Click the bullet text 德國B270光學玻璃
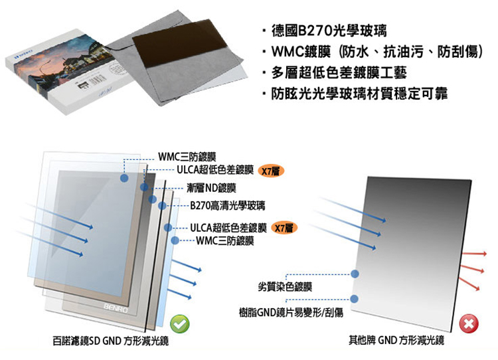tap(331, 31)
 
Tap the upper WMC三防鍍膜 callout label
tap(187, 158)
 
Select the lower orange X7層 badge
tap(285, 228)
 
